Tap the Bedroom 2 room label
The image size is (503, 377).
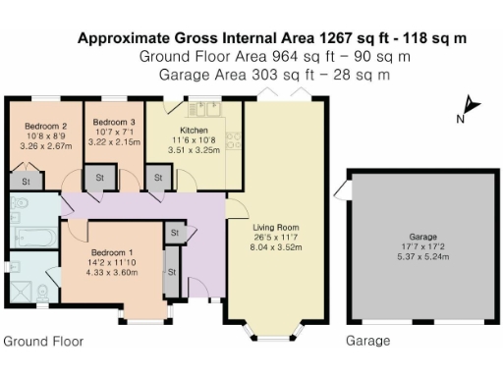(x=45, y=127)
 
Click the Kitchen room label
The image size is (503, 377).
(x=194, y=130)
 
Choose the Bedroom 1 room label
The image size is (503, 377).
(x=110, y=250)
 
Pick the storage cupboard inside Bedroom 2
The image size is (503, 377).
(x=26, y=181)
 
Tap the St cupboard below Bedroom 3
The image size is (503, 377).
(x=100, y=178)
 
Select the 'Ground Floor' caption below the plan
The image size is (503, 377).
(x=42, y=342)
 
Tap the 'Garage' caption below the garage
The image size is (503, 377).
(x=367, y=342)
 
